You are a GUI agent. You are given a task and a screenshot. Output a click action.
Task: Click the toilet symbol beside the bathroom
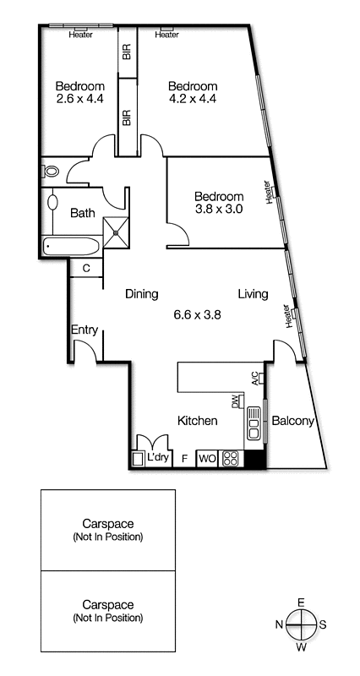[51, 171]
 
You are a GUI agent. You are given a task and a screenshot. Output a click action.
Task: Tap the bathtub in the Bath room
[71, 247]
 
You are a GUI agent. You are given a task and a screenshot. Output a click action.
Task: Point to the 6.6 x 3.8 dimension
[197, 314]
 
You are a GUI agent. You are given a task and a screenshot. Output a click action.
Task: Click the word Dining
[142, 294]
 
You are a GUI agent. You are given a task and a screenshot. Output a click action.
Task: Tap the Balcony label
[293, 421]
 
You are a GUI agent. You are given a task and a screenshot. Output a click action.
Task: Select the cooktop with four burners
[231, 460]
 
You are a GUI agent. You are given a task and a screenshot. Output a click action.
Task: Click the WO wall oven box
[207, 460]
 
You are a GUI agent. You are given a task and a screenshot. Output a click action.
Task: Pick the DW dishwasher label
[237, 401]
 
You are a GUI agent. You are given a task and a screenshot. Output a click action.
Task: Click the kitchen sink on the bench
[254, 421]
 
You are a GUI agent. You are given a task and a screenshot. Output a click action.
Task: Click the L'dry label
[159, 459]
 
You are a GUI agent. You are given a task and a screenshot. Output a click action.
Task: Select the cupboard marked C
[86, 269]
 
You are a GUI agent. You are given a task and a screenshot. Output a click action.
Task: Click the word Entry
[85, 330]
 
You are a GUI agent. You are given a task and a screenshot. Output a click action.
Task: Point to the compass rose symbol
[301, 625]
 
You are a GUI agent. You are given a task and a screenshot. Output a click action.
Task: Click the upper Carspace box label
[107, 530]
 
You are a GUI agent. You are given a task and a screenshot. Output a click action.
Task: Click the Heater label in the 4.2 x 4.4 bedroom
[166, 35]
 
